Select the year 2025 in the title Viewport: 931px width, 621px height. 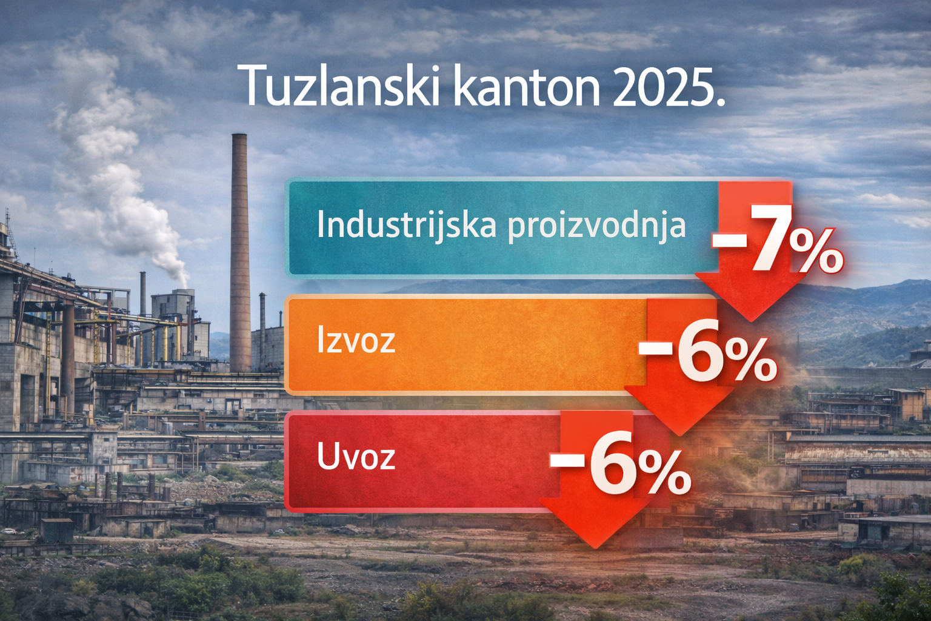[x=664, y=87]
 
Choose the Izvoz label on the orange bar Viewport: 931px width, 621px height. [x=356, y=340]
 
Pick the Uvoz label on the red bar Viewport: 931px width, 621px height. [x=356, y=456]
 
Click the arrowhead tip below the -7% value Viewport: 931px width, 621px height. [x=750, y=321]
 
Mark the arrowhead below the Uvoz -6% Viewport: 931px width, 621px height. [x=595, y=523]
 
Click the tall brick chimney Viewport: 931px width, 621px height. [x=240, y=253]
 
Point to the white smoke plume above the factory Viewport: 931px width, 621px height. [x=112, y=166]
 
